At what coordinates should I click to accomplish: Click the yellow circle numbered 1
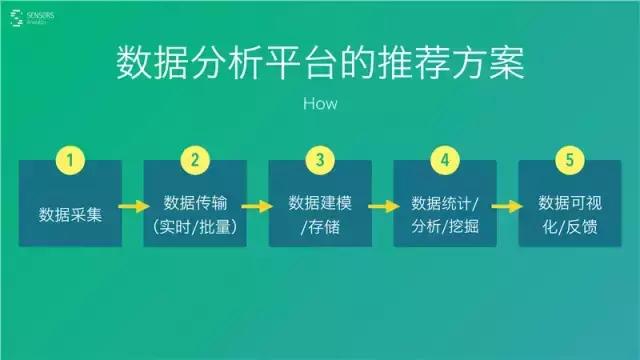point(70,160)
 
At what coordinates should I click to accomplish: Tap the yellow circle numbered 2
point(195,160)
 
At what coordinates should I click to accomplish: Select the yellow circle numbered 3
point(320,160)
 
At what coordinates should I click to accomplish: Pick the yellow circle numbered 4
point(445,160)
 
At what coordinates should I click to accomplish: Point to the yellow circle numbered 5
point(569,160)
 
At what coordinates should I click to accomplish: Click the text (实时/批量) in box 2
point(195,227)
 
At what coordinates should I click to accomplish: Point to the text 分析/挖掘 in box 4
point(445,227)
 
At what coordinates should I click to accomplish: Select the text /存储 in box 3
point(320,227)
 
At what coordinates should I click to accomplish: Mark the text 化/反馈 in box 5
point(569,227)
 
